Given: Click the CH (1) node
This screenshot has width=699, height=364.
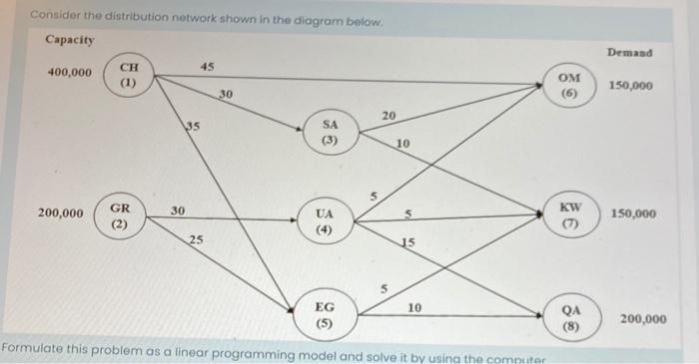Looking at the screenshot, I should pyautogui.click(x=128, y=76).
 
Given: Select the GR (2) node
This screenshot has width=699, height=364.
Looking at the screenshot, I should pyautogui.click(x=119, y=216).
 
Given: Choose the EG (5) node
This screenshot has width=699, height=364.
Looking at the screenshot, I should pyautogui.click(x=326, y=315).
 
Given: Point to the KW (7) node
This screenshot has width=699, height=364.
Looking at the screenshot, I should pyautogui.click(x=570, y=213).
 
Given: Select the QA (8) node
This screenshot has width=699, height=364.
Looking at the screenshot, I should pyautogui.click(x=570, y=318).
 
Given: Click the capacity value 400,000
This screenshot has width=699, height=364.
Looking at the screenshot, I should pyautogui.click(x=70, y=74).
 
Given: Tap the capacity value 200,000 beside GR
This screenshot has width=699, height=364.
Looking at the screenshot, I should pyautogui.click(x=61, y=213).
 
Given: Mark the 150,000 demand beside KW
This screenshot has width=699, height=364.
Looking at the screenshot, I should pyautogui.click(x=631, y=213).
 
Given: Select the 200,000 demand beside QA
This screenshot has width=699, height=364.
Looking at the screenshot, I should pyautogui.click(x=642, y=319).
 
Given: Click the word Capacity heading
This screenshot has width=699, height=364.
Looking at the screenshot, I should pyautogui.click(x=70, y=40).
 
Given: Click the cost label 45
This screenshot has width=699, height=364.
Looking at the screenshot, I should pyautogui.click(x=207, y=66).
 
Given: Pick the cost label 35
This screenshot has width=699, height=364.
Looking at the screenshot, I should pyautogui.click(x=192, y=126).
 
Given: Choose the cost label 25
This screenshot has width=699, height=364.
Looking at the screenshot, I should pyautogui.click(x=197, y=239).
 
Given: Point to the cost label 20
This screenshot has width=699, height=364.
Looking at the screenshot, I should pyautogui.click(x=388, y=116).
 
